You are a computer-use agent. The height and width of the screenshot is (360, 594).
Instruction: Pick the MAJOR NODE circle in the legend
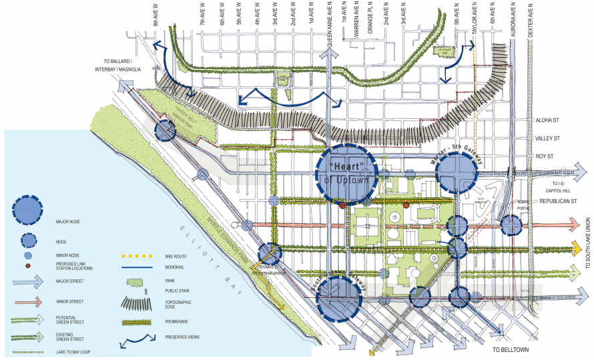[29, 211]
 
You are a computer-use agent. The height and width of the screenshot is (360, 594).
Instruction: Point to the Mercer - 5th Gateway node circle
[457, 173]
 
